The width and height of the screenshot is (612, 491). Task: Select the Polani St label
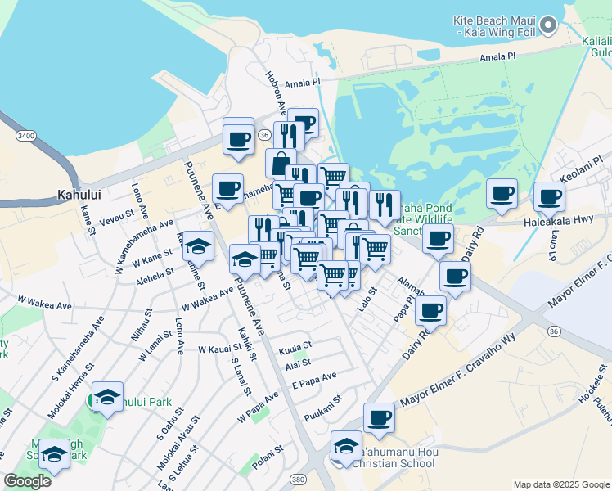click(268, 450)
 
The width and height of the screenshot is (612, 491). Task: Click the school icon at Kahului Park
click(107, 396)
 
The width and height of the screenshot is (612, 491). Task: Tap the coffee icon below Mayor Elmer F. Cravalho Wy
click(379, 417)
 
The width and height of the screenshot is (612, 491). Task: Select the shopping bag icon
click(281, 162)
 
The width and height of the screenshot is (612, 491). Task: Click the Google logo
click(27, 481)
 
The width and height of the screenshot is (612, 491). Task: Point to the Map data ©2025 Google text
click(560, 484)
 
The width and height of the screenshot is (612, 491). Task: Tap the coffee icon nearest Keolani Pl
click(549, 196)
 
